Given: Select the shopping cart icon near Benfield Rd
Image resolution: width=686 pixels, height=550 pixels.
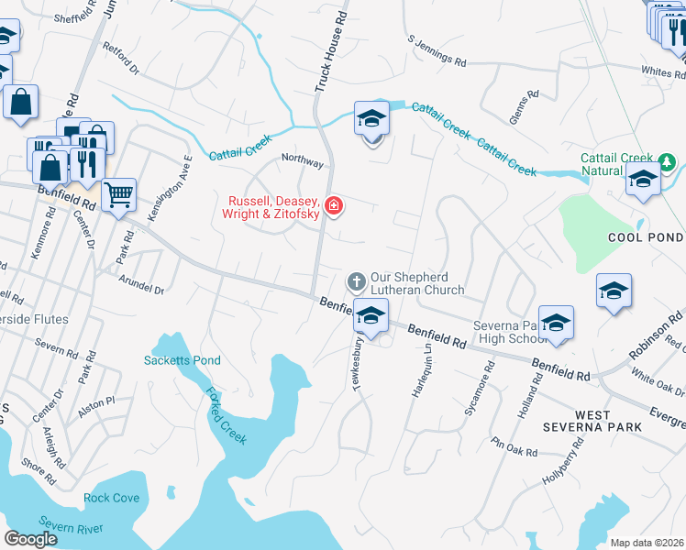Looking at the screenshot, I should click(x=118, y=194).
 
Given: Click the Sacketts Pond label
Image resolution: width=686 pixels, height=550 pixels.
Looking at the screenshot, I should click(x=183, y=360).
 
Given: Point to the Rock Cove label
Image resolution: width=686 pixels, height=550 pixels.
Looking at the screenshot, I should click(x=111, y=499).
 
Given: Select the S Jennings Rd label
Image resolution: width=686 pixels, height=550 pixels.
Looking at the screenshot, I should click(x=437, y=52).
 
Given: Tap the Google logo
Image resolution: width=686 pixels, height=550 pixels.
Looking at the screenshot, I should click(x=30, y=539).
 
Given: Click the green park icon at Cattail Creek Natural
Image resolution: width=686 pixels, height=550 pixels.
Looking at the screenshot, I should click(x=668, y=163).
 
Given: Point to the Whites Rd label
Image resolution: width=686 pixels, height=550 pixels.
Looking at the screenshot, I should click(x=657, y=71).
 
